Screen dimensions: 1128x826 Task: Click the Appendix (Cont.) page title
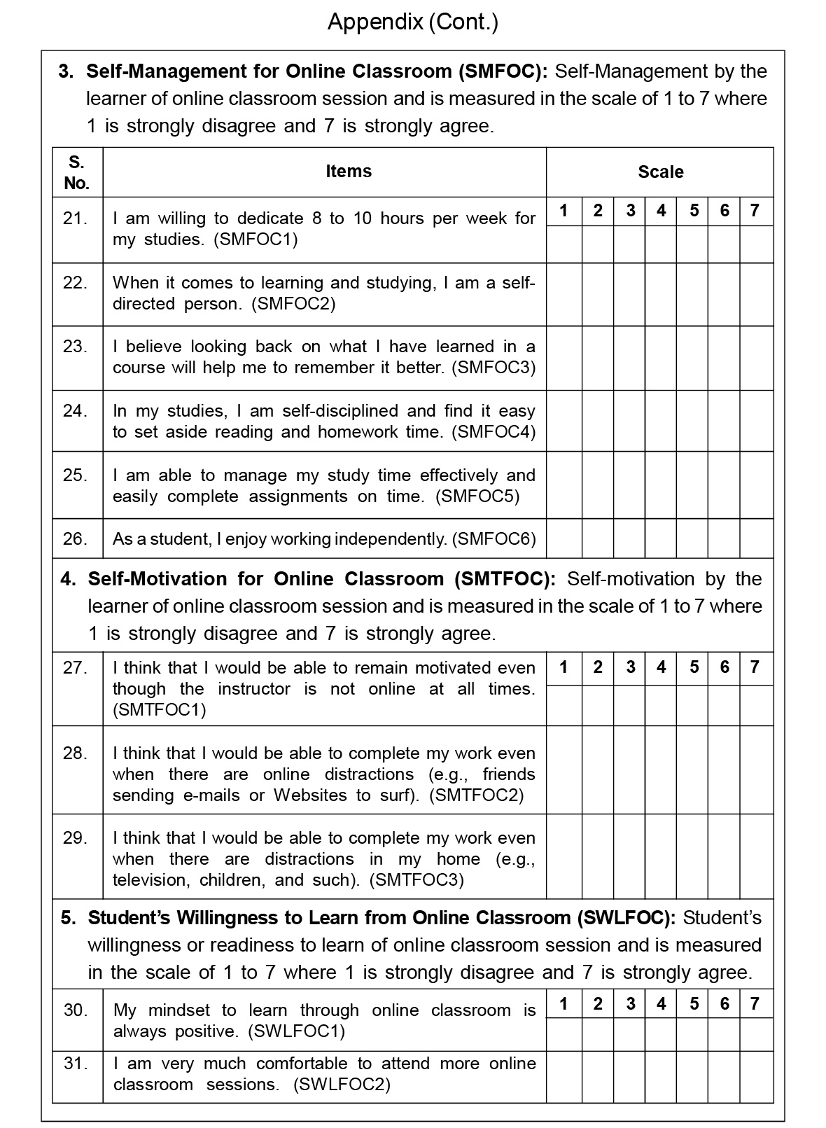pos(413,22)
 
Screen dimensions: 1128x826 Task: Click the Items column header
pos(349,172)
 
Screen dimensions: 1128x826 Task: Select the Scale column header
pos(660,172)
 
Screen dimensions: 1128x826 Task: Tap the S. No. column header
pos(77,172)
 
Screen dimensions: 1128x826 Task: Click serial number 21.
pos(76,218)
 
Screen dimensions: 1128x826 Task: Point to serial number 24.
pos(76,411)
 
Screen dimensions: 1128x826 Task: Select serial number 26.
pos(76,538)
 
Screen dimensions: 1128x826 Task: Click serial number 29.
pos(76,838)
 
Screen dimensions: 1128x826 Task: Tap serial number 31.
pos(76,1064)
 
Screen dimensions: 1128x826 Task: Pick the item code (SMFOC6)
pos(494,539)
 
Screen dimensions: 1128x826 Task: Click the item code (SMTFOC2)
pos(476,795)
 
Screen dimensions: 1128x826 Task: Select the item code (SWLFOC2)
pos(342,1085)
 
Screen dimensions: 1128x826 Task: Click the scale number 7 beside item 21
pos(755,211)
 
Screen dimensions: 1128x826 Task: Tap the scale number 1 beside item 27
pos(564,667)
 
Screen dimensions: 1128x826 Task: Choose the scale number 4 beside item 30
pos(661,1004)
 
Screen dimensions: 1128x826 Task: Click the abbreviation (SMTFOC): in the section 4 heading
pos(505,579)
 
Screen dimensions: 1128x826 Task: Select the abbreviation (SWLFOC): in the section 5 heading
pos(626,918)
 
